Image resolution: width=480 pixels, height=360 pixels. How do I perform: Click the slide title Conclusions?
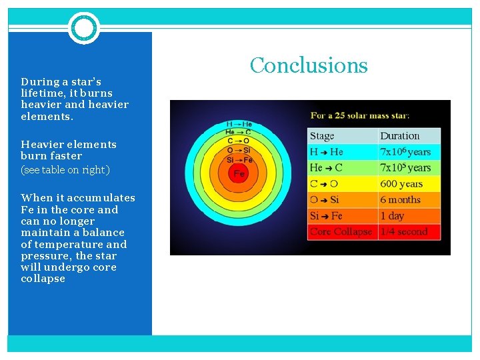tap(309, 65)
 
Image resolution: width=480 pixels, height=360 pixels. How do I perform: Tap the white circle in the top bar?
tap(84, 28)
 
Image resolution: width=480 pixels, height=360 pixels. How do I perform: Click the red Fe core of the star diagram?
tap(237, 173)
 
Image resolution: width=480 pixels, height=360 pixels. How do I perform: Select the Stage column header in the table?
tap(322, 136)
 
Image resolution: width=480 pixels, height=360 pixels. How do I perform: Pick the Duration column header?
tap(399, 136)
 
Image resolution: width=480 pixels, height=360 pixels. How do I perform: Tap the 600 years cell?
tap(401, 184)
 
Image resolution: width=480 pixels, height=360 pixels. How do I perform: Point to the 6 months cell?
tap(400, 200)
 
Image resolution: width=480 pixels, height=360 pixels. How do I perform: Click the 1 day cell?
tap(392, 216)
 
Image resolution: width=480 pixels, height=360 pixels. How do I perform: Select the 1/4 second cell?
tap(403, 232)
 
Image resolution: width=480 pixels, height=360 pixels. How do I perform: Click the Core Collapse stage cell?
tap(341, 232)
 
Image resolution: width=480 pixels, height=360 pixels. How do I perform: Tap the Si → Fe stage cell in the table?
tap(326, 216)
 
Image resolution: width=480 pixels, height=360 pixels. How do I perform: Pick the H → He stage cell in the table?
tap(326, 152)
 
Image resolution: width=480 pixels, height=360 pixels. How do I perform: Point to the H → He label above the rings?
tap(239, 124)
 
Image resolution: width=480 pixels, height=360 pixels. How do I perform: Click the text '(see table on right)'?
tap(65, 170)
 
